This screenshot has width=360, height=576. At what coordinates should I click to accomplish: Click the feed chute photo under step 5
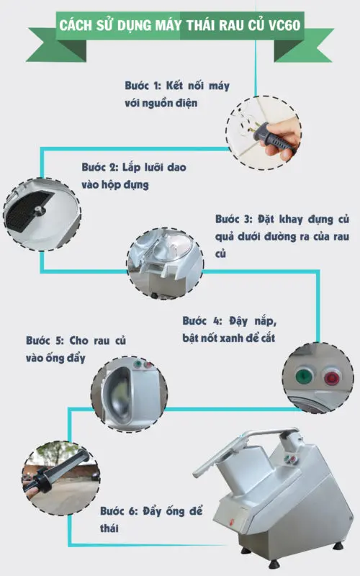129,390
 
